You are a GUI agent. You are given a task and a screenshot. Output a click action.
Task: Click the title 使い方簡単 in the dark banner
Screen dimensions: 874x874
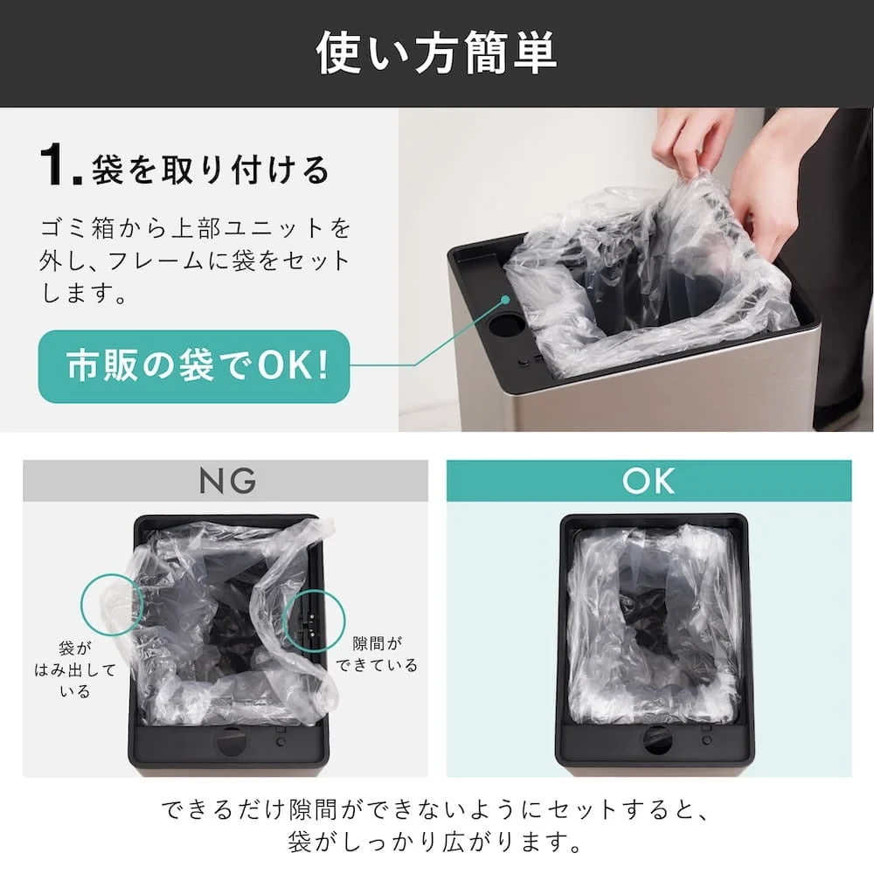pos(436,53)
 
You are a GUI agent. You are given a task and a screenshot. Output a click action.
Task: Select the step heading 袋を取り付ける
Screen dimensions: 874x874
pos(211,169)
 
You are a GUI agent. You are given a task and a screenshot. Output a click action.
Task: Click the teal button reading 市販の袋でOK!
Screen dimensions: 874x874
pos(194,366)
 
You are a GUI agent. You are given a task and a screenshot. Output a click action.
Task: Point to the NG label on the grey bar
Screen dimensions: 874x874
pos(226,481)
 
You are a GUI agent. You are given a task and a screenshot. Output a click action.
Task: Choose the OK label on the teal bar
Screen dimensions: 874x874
pos(649,481)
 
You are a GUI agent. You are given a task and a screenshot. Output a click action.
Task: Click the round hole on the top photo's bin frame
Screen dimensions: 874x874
pos(507,324)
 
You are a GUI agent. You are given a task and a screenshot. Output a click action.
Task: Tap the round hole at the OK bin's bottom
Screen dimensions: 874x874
pos(657,740)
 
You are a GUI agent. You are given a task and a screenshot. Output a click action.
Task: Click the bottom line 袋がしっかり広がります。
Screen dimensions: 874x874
pos(436,844)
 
